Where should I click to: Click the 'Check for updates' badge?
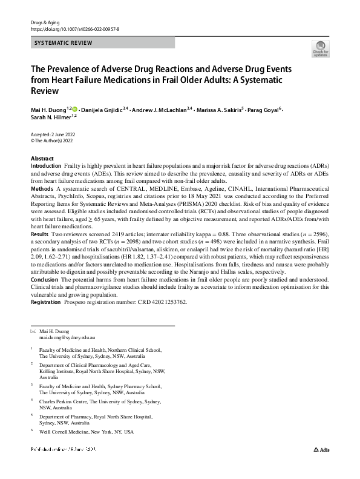click(320, 48)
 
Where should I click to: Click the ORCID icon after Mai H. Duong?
click(75, 109)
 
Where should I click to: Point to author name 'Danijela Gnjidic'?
click(106, 110)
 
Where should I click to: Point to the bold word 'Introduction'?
click(45, 165)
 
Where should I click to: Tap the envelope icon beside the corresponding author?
click(33, 331)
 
